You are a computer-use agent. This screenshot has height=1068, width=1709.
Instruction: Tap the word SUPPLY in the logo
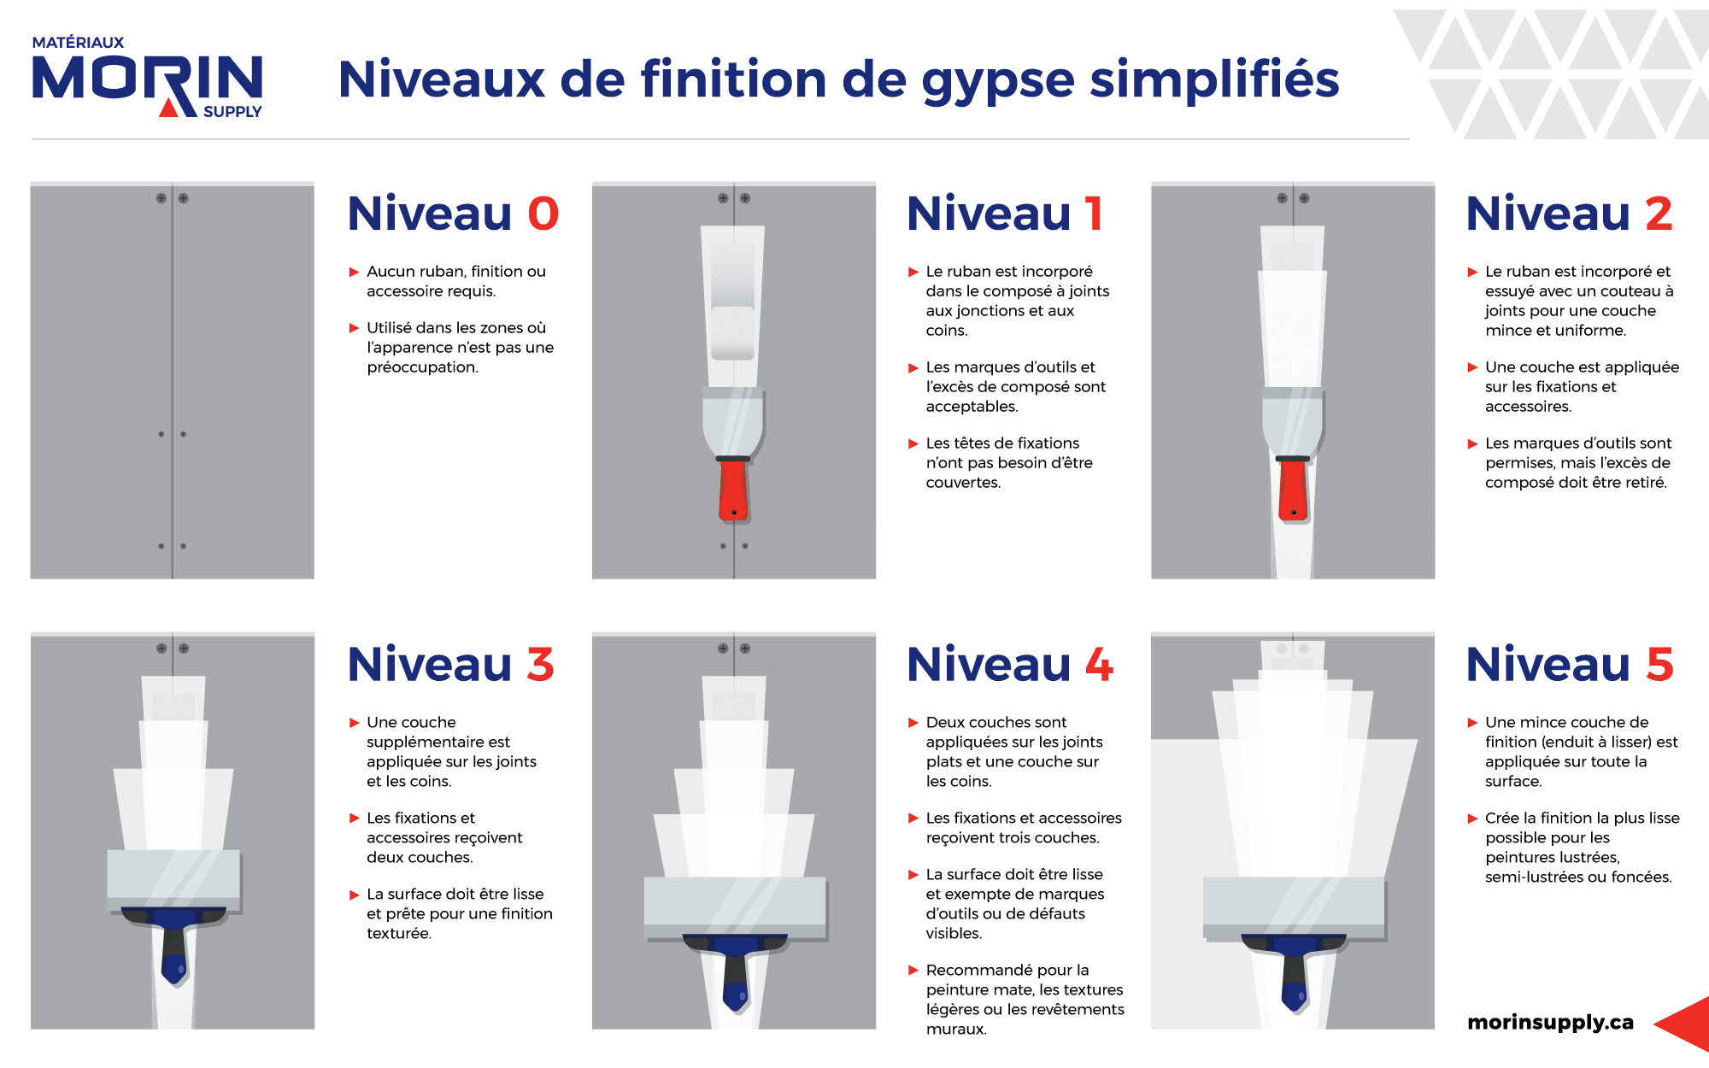tap(232, 112)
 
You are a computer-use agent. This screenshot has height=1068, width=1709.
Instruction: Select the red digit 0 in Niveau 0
tap(543, 213)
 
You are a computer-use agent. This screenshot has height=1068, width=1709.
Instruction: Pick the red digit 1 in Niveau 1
tap(1094, 213)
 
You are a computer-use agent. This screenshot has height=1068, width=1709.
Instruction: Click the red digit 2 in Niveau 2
tap(1659, 213)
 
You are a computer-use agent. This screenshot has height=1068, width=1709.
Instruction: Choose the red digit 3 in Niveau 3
tap(540, 664)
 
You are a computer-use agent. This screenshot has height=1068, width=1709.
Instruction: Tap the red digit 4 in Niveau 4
tap(1100, 664)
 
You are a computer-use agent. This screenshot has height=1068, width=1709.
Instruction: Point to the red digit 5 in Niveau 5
tap(1659, 664)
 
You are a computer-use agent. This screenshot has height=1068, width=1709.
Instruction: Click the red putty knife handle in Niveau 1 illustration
tap(733, 490)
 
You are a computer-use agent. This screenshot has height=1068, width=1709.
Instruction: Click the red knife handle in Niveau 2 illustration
tap(1293, 490)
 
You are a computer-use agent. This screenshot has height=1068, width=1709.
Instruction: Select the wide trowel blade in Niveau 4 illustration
tap(735, 905)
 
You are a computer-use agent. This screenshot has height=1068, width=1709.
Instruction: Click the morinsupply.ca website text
tap(1550, 1023)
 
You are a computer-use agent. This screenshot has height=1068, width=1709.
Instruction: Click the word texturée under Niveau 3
tap(399, 934)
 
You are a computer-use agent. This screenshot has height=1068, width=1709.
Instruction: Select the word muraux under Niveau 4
tap(956, 1030)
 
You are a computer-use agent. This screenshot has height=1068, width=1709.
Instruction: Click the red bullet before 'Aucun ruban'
tap(354, 272)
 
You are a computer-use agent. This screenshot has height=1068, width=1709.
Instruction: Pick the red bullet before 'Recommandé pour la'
tap(913, 971)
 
